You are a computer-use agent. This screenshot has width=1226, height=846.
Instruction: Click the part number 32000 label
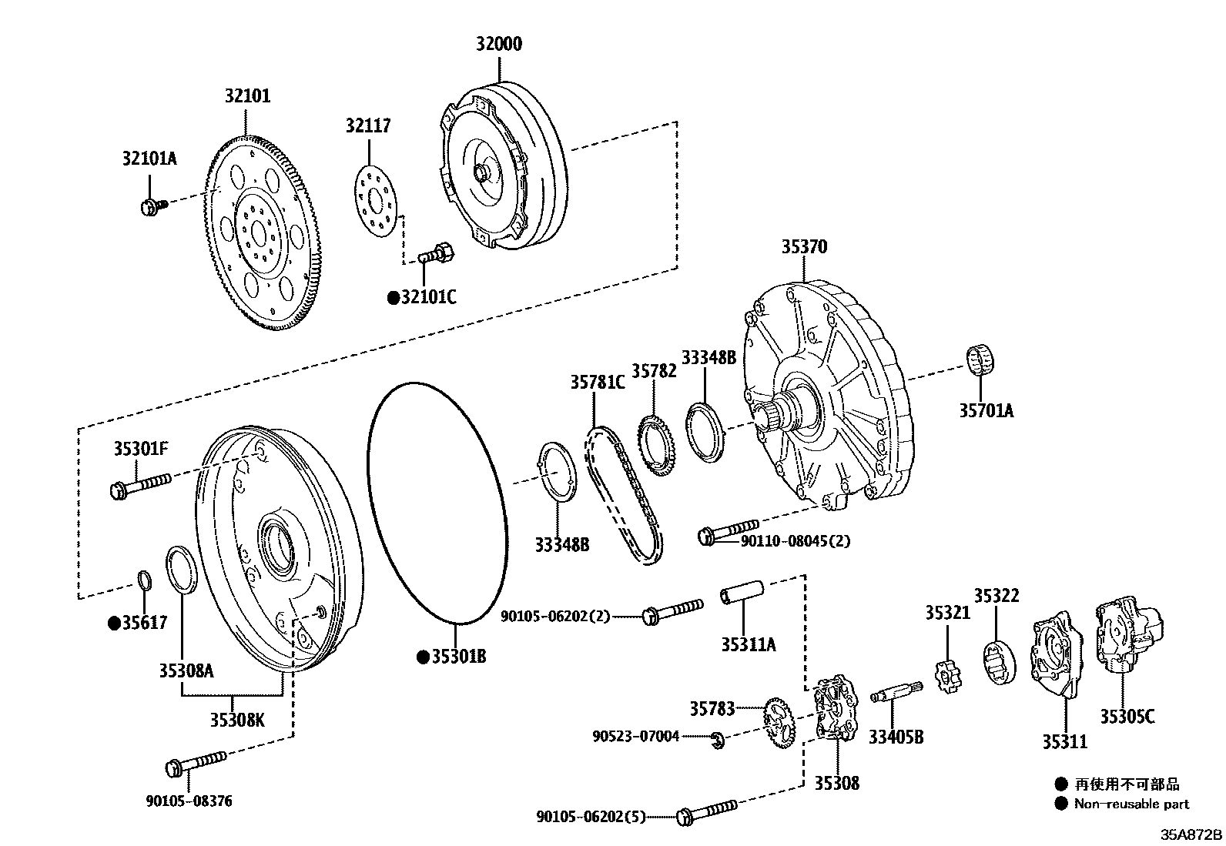point(498,44)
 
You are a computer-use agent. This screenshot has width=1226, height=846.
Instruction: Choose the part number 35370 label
point(804,247)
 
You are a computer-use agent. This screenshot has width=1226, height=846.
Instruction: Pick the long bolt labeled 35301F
point(142,486)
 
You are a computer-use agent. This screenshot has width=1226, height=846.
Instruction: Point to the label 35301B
point(458,657)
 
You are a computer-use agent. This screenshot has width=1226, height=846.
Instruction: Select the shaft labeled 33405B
point(896,692)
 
